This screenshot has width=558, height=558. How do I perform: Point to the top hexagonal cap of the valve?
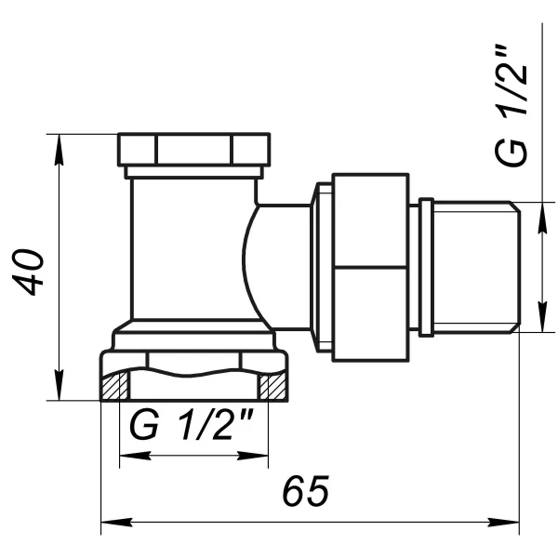click(x=193, y=149)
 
